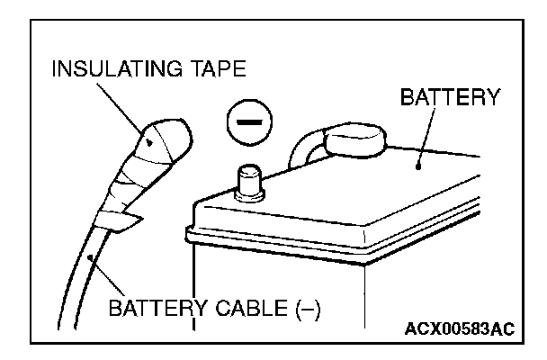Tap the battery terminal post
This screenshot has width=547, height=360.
tap(249, 183)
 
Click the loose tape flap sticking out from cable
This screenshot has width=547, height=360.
tap(129, 220)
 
